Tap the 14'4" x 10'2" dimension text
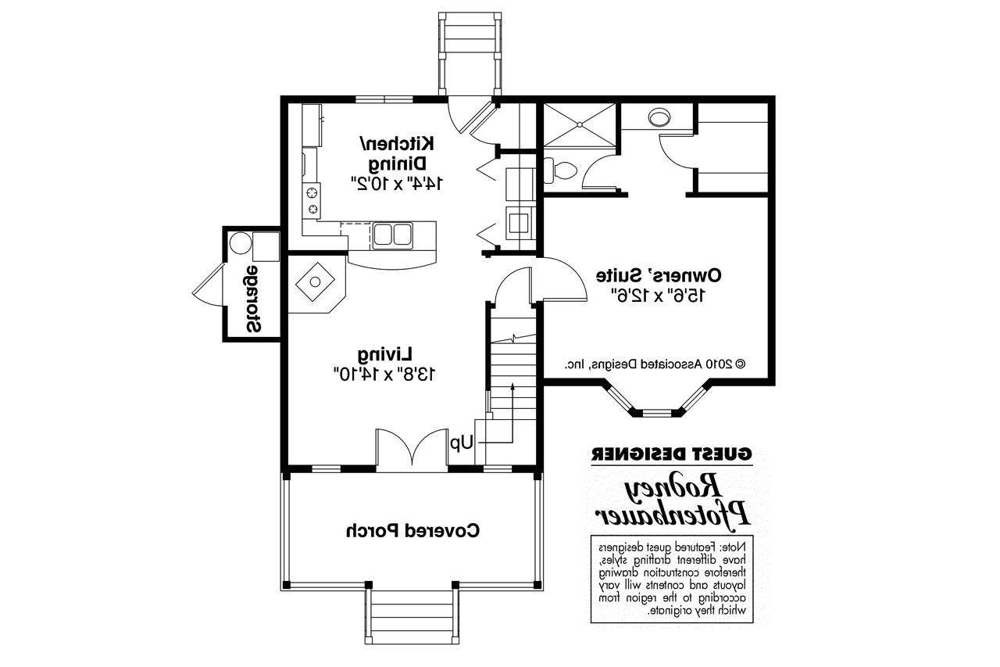tap(397, 182)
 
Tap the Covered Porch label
tap(413, 530)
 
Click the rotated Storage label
tap(252, 299)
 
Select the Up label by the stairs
tap(462, 443)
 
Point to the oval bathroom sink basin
tap(659, 117)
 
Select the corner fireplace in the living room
tap(317, 282)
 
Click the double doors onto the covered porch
tap(412, 450)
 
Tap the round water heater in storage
tap(241, 242)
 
